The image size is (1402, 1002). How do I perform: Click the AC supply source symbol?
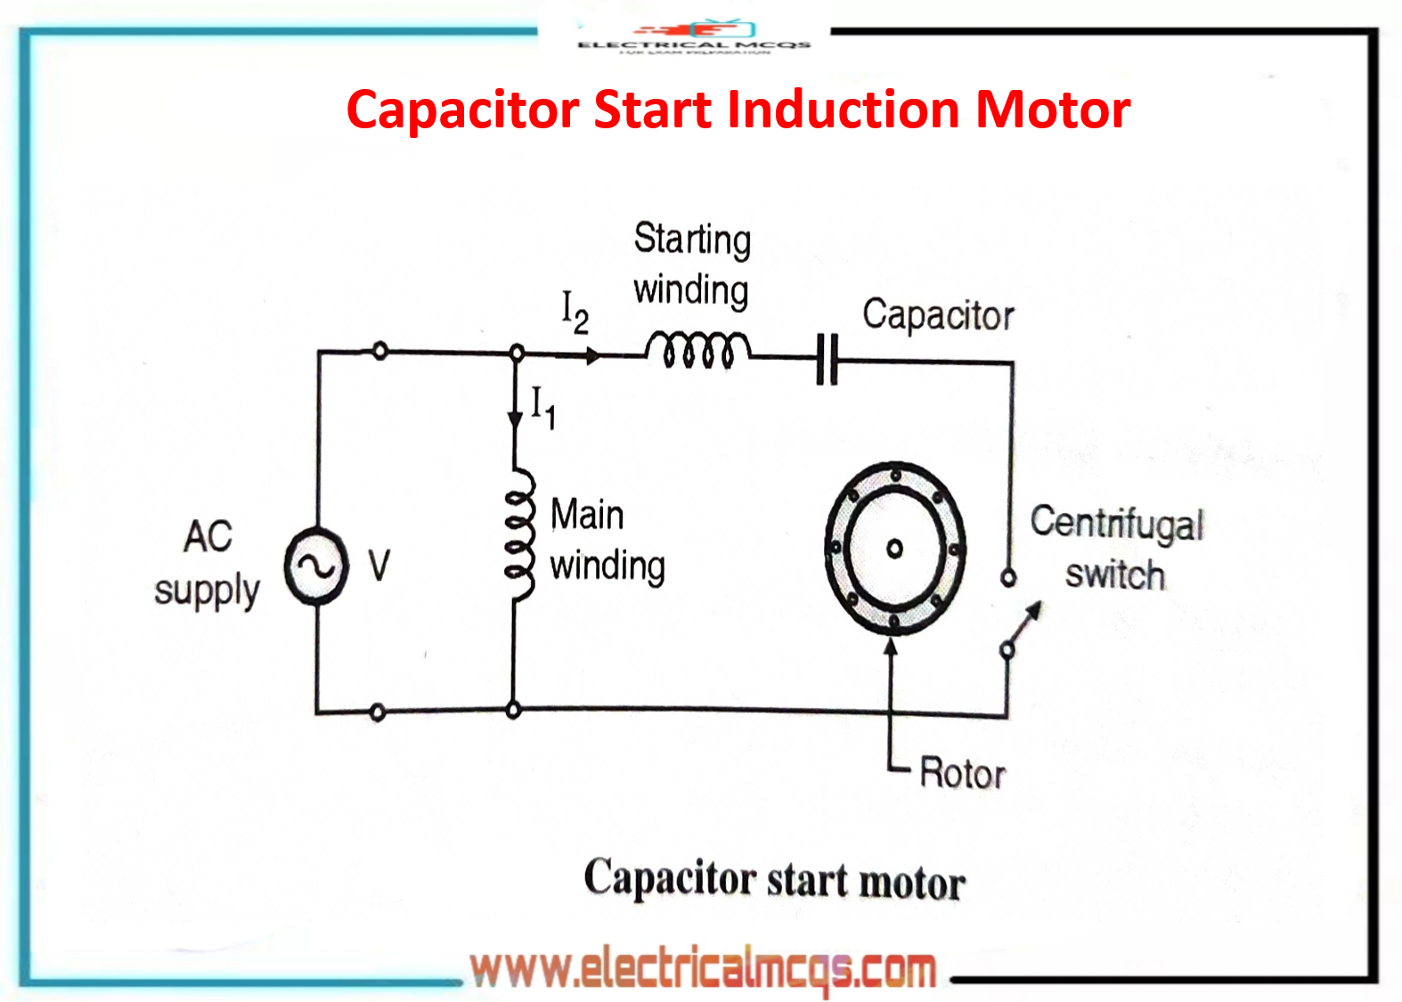pyautogui.click(x=316, y=566)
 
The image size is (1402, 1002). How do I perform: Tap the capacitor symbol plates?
pyautogui.click(x=827, y=359)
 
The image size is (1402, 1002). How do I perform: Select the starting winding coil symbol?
pyautogui.click(x=697, y=349)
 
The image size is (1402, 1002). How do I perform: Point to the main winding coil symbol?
pyautogui.click(x=519, y=534)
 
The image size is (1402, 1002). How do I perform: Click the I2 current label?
pyautogui.click(x=575, y=312)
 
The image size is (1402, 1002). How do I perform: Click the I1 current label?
pyautogui.click(x=542, y=407)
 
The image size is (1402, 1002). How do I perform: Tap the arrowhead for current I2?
pyautogui.click(x=592, y=356)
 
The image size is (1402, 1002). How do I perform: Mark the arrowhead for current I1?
pyautogui.click(x=515, y=419)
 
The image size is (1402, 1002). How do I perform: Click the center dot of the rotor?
pyautogui.click(x=894, y=549)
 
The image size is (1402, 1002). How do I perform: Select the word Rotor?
pyautogui.click(x=962, y=773)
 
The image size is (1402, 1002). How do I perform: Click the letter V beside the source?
pyautogui.click(x=379, y=566)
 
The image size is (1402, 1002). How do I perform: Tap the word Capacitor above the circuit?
pyautogui.click(x=937, y=315)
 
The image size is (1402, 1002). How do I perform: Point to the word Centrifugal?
pyautogui.click(x=1116, y=523)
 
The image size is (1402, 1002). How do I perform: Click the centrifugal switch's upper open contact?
pyautogui.click(x=1007, y=578)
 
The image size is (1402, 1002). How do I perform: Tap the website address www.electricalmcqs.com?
pyautogui.click(x=703, y=969)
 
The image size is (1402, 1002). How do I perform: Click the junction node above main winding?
pyautogui.click(x=516, y=353)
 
